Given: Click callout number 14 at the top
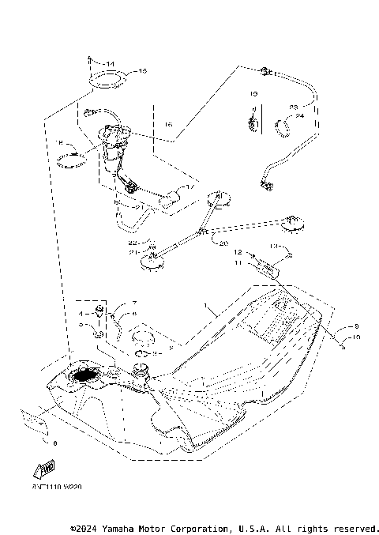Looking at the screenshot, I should pyautogui.click(x=109, y=62).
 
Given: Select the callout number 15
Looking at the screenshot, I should pyautogui.click(x=142, y=71).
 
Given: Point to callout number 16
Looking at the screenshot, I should pyautogui.click(x=167, y=125).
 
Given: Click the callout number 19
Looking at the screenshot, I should pyautogui.click(x=254, y=94).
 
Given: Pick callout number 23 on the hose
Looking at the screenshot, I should pyautogui.click(x=293, y=107).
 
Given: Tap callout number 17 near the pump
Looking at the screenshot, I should pyautogui.click(x=189, y=187).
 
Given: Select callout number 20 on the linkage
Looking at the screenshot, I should pyautogui.click(x=223, y=243).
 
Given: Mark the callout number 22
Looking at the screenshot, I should pyautogui.click(x=133, y=242).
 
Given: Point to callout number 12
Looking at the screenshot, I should pyautogui.click(x=235, y=253).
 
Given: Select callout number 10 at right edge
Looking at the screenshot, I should pyautogui.click(x=356, y=337).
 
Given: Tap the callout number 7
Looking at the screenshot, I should pyautogui.click(x=134, y=303).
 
